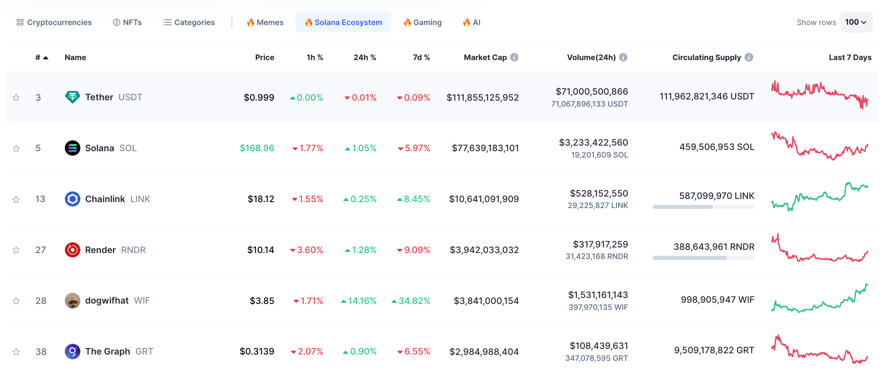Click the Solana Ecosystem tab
343,22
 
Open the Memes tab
265,22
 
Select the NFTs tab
127,22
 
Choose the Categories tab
189,22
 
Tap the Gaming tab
422,22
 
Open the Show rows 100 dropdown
856,22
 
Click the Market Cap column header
485,57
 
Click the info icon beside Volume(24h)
623,57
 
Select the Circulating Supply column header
706,57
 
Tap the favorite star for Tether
16,97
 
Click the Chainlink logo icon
72,199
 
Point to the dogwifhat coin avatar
72,301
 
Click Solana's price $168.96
257,148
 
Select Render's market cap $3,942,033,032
484,250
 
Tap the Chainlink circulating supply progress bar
703,207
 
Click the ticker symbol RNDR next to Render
133,250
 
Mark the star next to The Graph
16,352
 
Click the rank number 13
40,199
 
